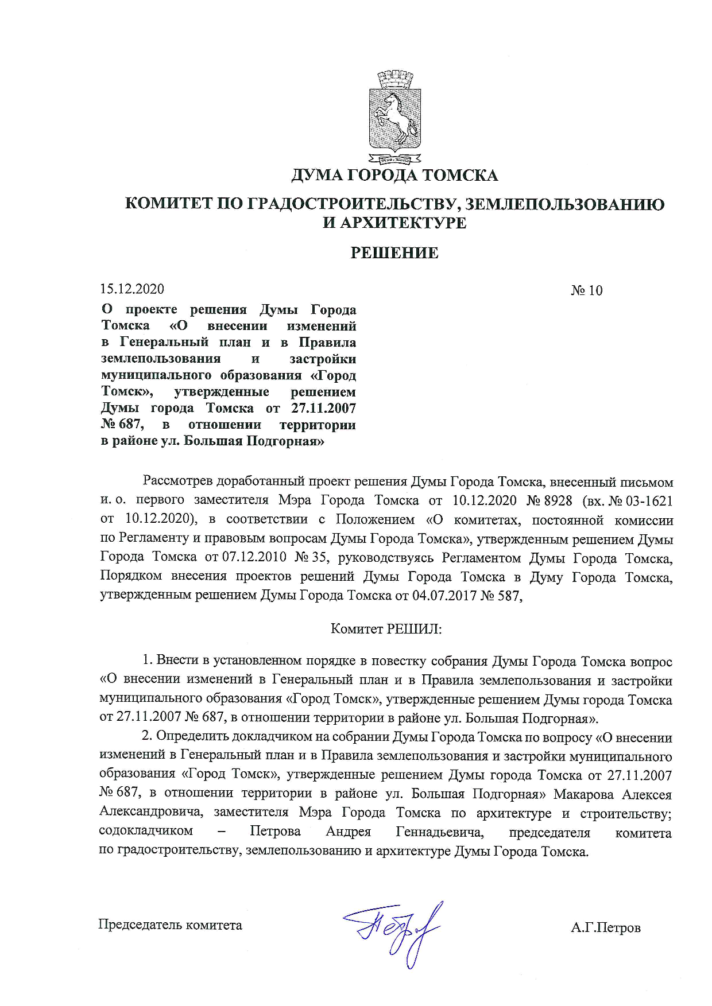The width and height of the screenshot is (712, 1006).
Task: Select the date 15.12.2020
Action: tap(132, 289)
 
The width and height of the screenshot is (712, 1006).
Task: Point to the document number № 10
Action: tap(586, 290)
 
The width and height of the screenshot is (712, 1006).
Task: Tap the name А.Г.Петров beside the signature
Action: tap(605, 927)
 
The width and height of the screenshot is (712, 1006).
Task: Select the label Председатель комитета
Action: tap(170, 925)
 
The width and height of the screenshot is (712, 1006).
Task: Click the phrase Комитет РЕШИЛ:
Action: tap(386, 629)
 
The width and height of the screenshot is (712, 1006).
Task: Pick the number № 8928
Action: tap(550, 500)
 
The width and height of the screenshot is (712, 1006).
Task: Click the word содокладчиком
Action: tap(146, 831)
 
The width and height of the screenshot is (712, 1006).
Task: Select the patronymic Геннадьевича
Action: tap(439, 832)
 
